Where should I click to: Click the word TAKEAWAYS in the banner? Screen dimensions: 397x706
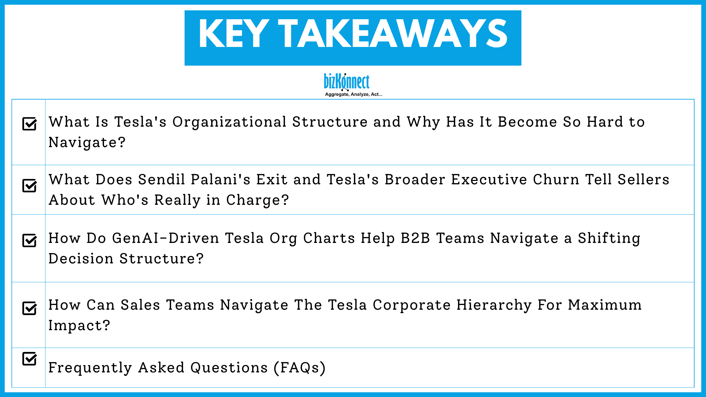(393, 34)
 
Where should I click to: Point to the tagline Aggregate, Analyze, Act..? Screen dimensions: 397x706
(353, 94)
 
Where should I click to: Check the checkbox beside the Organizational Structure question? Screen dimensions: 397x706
(30, 124)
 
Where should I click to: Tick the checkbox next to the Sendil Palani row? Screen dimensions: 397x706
(30, 185)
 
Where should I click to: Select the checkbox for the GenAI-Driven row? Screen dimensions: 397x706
(30, 240)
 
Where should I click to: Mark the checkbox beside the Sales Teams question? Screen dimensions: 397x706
(30, 308)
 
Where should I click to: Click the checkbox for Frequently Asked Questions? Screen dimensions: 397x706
(30, 359)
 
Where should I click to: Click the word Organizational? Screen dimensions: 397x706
(229, 122)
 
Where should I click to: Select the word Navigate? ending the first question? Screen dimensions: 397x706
(87, 142)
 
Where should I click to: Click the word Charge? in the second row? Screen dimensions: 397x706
(258, 200)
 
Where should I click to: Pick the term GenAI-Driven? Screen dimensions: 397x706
(165, 238)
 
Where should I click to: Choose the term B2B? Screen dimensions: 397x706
(415, 238)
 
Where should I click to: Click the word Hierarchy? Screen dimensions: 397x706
(494, 305)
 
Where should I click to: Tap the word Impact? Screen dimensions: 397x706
(79, 325)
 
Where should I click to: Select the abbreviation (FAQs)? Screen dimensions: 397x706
(299, 368)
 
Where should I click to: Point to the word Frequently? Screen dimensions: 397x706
(90, 368)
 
